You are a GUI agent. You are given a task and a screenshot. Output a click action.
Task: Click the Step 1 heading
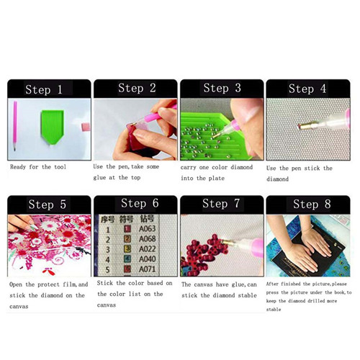(x=44, y=89)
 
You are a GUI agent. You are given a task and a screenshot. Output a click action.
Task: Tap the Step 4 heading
(x=307, y=89)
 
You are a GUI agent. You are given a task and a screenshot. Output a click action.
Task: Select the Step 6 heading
(x=140, y=203)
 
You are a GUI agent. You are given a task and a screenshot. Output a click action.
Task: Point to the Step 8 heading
(x=312, y=204)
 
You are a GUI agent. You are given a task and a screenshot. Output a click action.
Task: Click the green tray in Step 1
(x=53, y=127)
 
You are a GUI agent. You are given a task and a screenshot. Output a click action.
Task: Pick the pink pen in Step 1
(x=15, y=125)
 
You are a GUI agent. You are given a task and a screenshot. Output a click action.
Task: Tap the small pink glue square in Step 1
(x=86, y=127)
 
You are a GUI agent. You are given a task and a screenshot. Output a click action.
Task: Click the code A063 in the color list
(x=147, y=229)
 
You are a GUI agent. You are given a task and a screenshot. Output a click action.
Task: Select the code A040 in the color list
(x=147, y=259)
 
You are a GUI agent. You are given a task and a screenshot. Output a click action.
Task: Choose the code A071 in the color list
(x=147, y=269)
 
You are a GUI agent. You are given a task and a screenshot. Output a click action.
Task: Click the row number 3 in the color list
(x=108, y=250)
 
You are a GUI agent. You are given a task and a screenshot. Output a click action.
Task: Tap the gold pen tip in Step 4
(x=305, y=126)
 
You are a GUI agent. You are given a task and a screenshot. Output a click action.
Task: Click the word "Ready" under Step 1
(x=18, y=167)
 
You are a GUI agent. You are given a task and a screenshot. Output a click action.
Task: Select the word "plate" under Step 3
(x=217, y=179)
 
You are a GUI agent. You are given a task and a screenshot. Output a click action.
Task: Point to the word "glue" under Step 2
(x=99, y=178)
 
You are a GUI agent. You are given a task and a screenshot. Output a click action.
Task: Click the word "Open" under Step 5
(x=16, y=284)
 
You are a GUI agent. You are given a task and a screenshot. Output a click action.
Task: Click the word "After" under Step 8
(x=272, y=284)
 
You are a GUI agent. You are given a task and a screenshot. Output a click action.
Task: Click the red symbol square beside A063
(x=127, y=229)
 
